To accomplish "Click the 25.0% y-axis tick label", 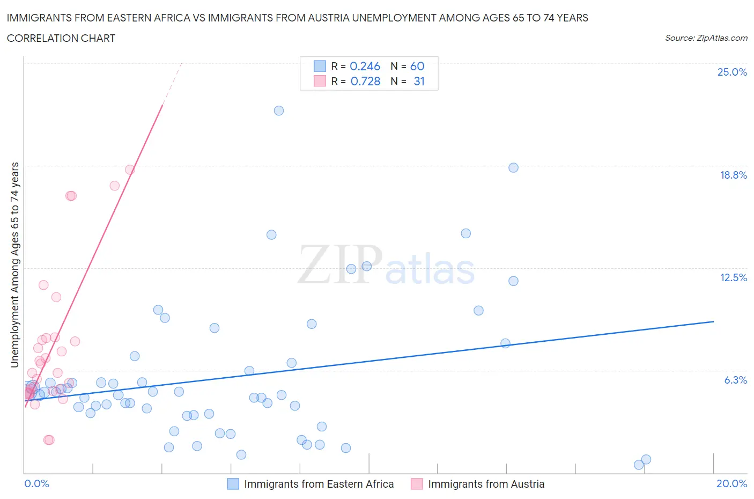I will pos(732,72).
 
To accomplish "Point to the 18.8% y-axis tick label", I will pos(733,175).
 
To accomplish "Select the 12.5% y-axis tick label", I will pos(733,277).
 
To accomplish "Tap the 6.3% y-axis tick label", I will pos(735,380).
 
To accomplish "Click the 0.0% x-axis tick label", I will pos(36,483).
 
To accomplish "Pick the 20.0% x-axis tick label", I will pos(731,483).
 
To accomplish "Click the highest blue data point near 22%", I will pos(279,111).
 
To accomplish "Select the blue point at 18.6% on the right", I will pos(513,167).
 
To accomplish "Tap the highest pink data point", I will pos(130,170).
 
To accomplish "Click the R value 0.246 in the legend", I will pos(365,66).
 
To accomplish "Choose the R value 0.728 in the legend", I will pos(365,81).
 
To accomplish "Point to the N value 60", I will pos(417,66).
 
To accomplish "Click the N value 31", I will pos(419,81).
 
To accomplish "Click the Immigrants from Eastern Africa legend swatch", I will pos(233,484).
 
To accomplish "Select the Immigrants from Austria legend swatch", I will pos(417,484).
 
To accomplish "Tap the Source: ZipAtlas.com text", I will pos(706,38).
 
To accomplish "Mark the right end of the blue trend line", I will pos(713,321).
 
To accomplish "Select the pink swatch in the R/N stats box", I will pos(320,81).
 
